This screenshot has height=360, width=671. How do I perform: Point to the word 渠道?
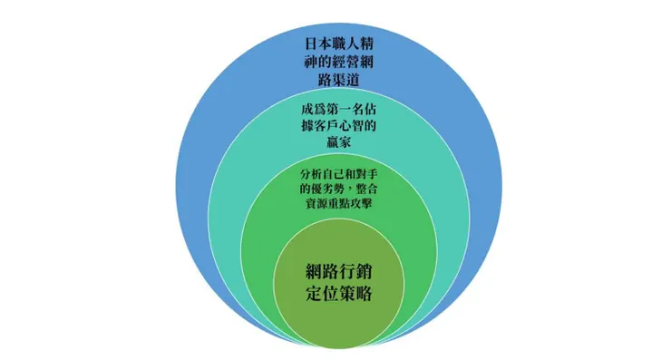(x=345, y=80)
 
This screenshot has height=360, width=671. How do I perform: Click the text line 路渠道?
(x=339, y=80)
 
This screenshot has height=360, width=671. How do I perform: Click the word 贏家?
(x=339, y=142)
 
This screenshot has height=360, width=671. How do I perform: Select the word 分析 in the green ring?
(x=311, y=174)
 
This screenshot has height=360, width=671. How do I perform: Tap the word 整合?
(x=366, y=189)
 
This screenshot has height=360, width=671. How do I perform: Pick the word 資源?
(x=316, y=203)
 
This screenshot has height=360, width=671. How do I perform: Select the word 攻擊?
(x=361, y=203)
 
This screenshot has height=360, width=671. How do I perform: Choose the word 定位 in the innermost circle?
(x=322, y=294)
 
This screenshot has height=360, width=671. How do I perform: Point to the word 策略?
(x=355, y=294)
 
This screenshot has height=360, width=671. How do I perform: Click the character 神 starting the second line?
(x=312, y=62)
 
